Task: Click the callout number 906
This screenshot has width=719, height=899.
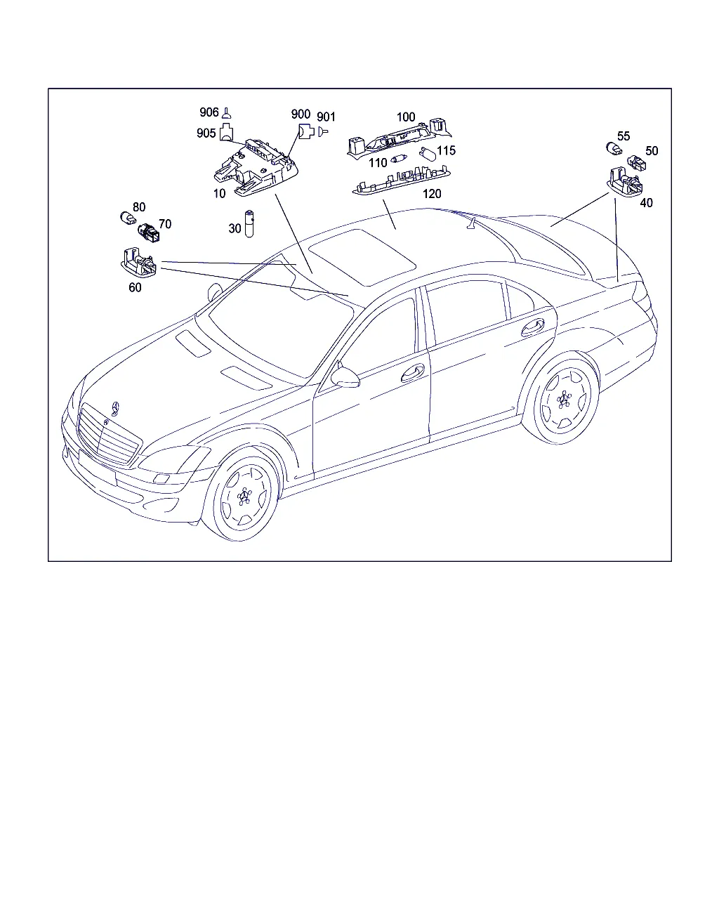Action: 209,112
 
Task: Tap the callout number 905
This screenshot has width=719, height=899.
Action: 206,133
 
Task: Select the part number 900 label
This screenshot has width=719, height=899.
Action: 301,114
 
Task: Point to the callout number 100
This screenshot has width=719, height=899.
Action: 406,117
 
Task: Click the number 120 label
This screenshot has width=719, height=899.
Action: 432,194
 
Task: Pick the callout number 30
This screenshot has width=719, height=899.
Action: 235,228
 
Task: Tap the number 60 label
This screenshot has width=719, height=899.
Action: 135,287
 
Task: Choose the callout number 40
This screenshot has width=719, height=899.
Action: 646,203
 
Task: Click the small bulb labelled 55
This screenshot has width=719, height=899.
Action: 614,148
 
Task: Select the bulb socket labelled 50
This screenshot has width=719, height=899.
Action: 636,162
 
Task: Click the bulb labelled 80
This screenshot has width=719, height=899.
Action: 128,218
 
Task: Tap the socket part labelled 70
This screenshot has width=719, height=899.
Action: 148,232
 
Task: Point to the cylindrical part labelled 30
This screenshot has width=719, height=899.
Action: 249,223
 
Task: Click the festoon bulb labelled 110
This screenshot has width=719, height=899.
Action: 399,159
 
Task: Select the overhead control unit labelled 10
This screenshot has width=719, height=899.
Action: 256,168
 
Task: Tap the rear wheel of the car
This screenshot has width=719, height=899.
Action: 564,400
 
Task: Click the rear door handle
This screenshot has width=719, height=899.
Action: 533,327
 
